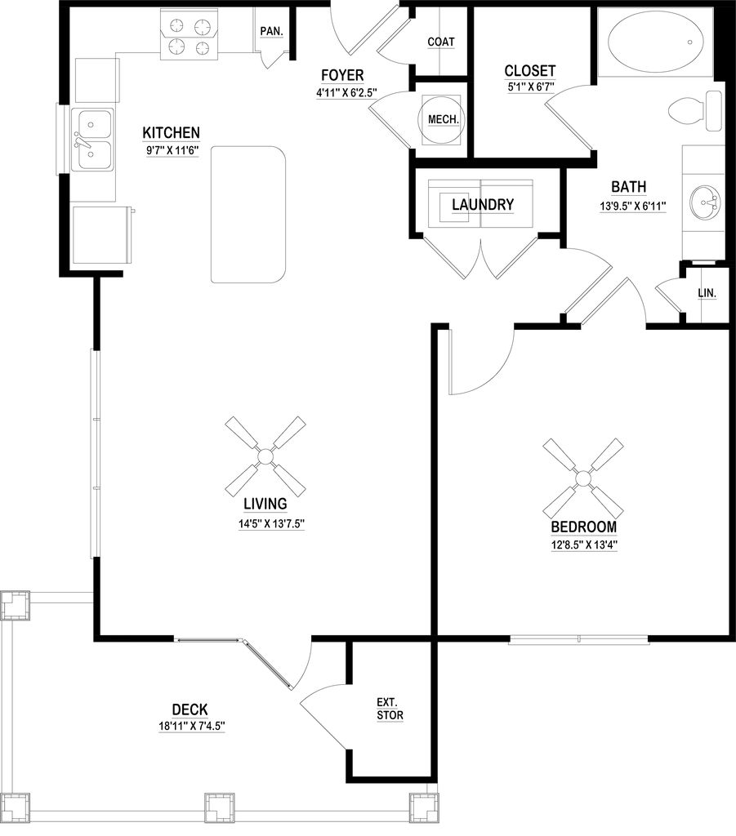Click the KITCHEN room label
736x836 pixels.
(x=172, y=131)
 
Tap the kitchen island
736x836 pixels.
(x=248, y=214)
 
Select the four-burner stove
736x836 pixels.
(x=190, y=37)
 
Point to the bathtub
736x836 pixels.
(x=656, y=42)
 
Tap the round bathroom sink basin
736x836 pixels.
(x=703, y=201)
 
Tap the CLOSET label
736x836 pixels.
(x=529, y=71)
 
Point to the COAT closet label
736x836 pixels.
(x=441, y=41)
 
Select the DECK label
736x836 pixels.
(x=190, y=708)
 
